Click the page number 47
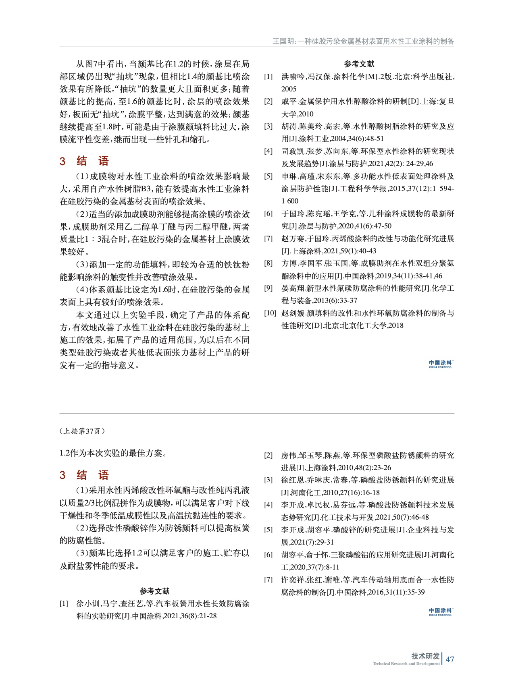pos(450,659)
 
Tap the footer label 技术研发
pos(425,656)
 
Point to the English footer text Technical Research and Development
pos(406,664)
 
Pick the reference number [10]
pos(270,313)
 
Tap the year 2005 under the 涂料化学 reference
pos(289,89)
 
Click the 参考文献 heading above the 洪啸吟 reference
pos(359,64)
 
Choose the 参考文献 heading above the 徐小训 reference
pos(154,591)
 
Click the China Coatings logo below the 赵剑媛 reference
pos(441,364)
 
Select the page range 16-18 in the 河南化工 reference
pos(370,493)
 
